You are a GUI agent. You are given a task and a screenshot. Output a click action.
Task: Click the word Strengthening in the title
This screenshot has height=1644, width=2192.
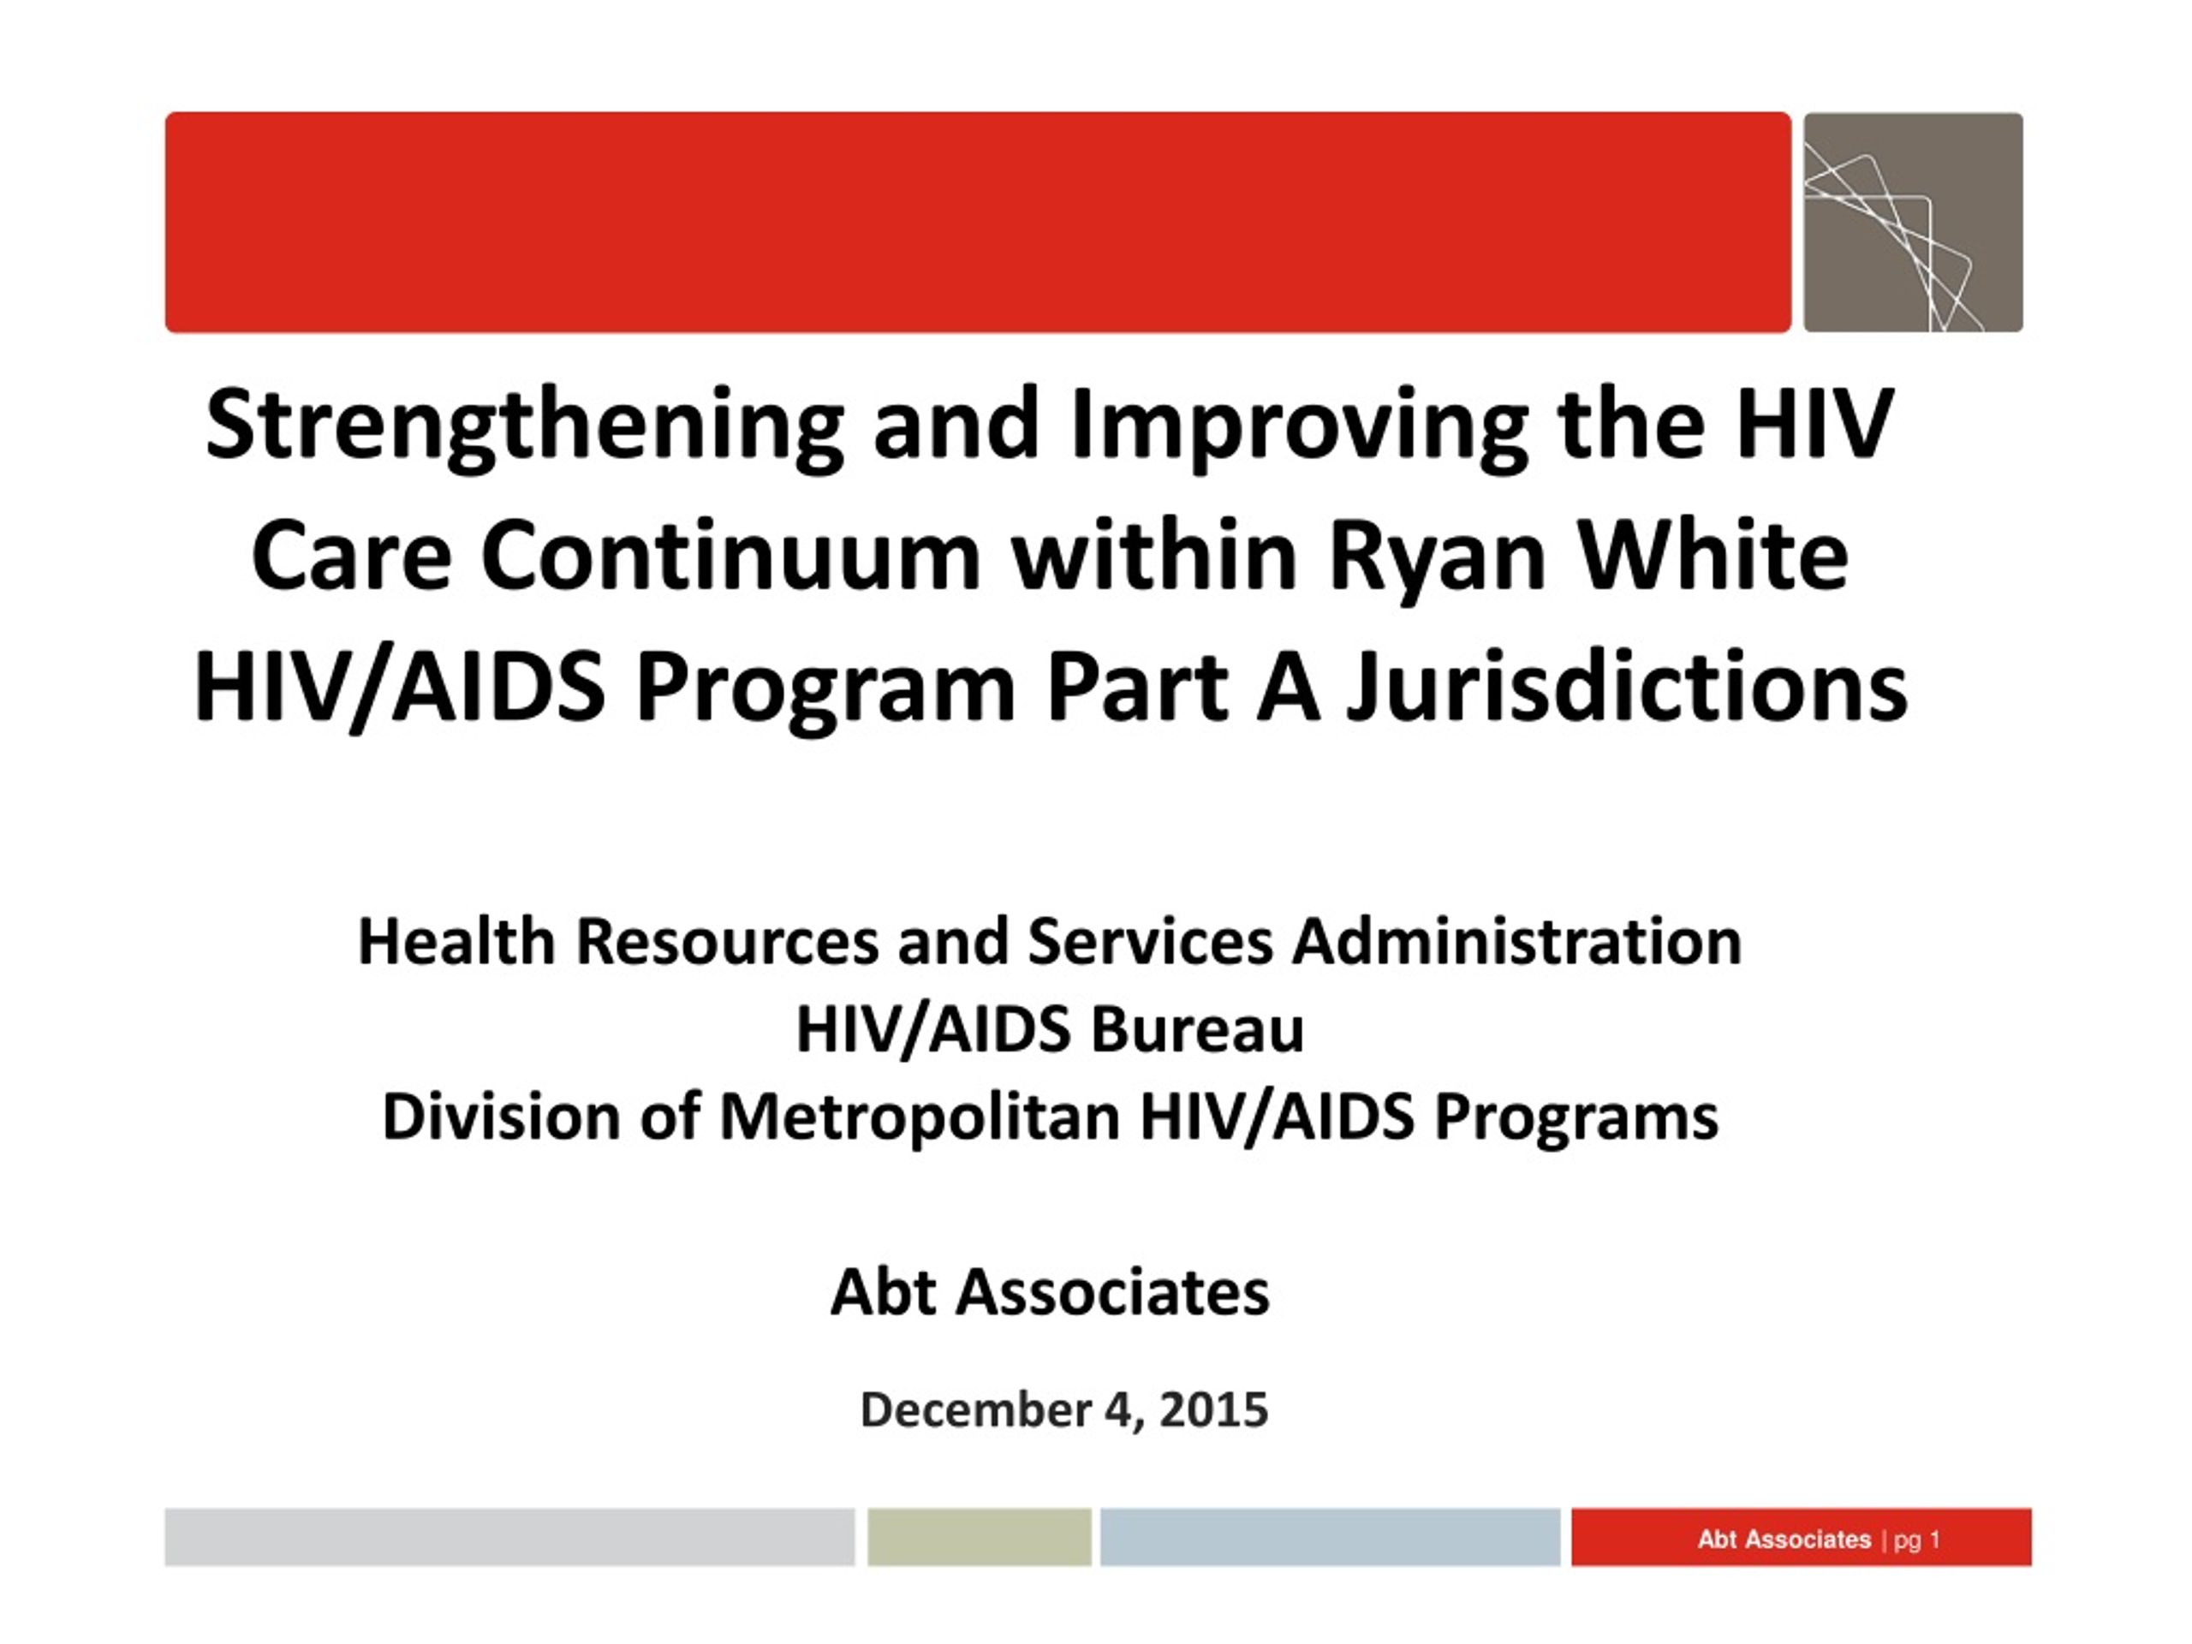(524, 427)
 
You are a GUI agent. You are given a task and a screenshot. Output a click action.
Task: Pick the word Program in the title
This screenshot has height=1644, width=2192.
(825, 689)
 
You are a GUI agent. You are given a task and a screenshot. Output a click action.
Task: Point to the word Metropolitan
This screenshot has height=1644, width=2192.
(919, 1117)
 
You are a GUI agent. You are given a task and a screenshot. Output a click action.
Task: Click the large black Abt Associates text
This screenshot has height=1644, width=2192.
(1050, 1292)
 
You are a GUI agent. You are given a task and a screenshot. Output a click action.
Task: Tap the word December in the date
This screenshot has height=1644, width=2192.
(975, 1409)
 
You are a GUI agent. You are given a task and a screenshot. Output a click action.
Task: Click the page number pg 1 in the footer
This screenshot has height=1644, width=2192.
(1916, 1539)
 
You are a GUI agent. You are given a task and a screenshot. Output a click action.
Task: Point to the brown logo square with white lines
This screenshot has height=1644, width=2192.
(1913, 222)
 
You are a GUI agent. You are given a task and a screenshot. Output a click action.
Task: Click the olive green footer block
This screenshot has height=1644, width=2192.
(979, 1537)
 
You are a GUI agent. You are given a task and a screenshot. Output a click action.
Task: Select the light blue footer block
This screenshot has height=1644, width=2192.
(1330, 1537)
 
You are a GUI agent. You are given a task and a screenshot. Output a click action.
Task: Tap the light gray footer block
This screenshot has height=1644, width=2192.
(509, 1537)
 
